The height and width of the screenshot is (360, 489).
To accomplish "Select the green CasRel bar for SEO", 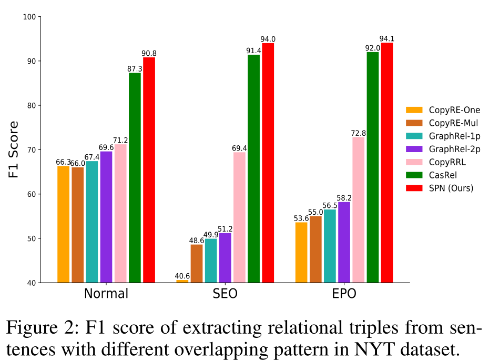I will point(253,168).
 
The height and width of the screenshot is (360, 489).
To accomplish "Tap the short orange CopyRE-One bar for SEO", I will point(182,281).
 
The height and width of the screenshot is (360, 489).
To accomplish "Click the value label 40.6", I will point(182,276).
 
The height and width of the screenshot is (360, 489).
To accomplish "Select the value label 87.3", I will point(135,69).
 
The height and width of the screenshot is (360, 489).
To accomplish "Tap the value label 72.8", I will point(359,133).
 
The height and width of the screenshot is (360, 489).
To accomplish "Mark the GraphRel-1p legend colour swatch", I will point(414,136).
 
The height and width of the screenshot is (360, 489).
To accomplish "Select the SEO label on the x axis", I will point(225,294).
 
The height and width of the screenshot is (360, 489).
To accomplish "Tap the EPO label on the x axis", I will point(344,294).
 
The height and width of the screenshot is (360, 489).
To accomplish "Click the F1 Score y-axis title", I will point(14,149).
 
